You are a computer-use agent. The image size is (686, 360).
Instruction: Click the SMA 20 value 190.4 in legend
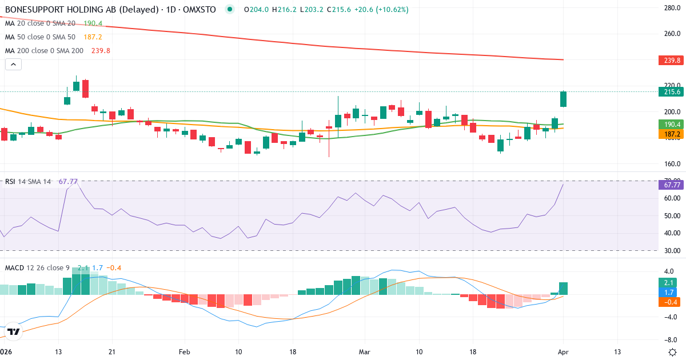(93, 23)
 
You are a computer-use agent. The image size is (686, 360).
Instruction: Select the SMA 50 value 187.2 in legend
(93, 37)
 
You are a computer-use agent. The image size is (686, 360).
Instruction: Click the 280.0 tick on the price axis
(670, 7)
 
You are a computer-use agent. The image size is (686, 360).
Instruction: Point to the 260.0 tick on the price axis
(670, 34)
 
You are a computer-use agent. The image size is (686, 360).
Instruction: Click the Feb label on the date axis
(184, 351)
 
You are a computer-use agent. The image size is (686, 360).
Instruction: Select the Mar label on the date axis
(365, 351)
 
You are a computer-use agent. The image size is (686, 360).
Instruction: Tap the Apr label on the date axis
(563, 351)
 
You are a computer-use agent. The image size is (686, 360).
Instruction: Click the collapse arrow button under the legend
(13, 65)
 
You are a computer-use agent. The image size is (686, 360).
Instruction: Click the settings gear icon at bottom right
(672, 351)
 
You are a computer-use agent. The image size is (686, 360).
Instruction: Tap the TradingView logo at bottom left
(14, 331)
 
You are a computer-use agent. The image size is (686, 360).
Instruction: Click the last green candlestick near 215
(563, 99)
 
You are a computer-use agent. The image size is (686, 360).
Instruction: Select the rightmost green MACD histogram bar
(563, 289)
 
